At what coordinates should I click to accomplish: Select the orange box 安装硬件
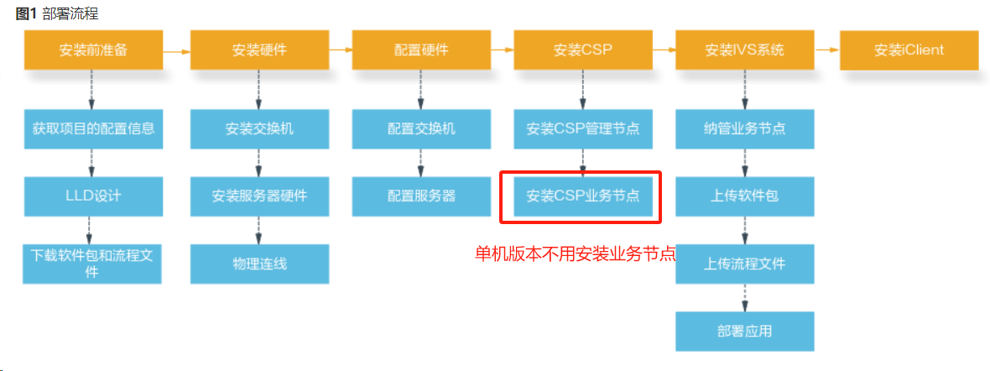(259, 50)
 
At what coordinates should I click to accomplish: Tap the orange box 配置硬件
(421, 50)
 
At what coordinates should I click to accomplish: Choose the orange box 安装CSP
(583, 50)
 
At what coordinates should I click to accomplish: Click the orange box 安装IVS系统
(745, 50)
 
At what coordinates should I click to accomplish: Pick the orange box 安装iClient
(909, 50)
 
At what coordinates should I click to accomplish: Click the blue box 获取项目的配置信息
(93, 128)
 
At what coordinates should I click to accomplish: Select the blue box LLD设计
(93, 196)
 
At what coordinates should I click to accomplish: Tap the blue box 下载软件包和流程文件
(92, 264)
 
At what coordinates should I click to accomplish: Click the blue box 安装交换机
(259, 128)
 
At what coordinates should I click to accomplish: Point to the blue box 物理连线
(259, 264)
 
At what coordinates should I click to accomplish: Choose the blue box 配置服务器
(421, 196)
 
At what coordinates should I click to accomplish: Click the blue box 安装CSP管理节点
(583, 128)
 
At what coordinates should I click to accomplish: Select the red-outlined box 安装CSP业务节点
(582, 196)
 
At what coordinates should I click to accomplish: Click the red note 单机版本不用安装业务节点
(576, 253)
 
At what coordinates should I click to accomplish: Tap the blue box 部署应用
(745, 331)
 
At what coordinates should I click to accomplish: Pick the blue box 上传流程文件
(745, 264)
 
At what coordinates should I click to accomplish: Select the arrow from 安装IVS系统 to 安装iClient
(827, 50)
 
